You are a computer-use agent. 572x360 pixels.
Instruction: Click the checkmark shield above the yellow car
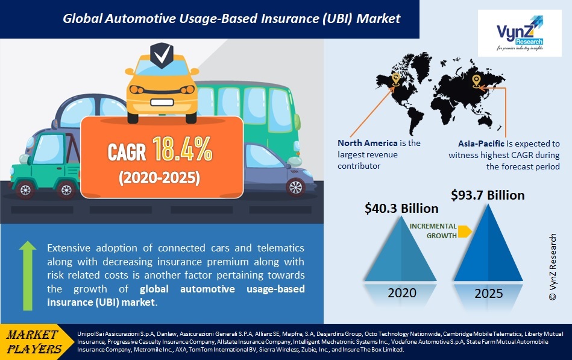pos(161,57)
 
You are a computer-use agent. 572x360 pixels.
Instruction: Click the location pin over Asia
pos(476,80)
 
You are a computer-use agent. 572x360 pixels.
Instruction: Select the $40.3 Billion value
pos(401,209)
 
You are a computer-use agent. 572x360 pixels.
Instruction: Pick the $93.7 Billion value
pos(488,195)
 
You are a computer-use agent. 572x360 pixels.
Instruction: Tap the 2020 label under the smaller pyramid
pos(402,294)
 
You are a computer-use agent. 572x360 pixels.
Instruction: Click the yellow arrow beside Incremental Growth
pos(464,231)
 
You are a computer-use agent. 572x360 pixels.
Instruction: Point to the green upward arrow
pos(28,274)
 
